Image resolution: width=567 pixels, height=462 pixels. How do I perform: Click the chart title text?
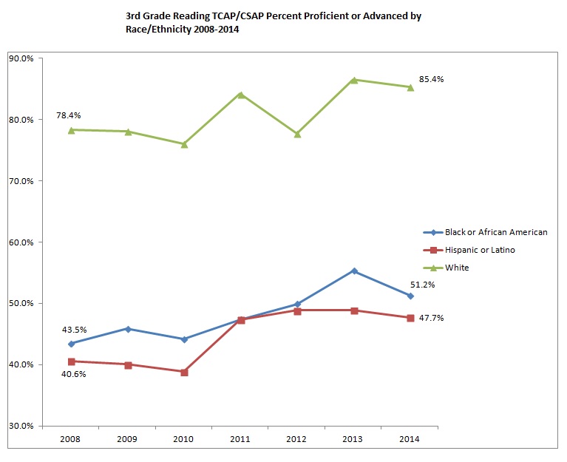click(x=274, y=21)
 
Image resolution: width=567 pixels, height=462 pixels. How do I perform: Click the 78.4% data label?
click(x=68, y=116)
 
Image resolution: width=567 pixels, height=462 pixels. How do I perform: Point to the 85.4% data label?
click(x=431, y=79)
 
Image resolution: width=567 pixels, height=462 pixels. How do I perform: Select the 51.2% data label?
click(x=431, y=285)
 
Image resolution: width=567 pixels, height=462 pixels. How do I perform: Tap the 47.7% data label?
click(x=431, y=318)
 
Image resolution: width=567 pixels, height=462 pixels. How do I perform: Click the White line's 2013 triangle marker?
click(x=354, y=80)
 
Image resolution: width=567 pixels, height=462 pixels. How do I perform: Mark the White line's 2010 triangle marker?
click(x=184, y=144)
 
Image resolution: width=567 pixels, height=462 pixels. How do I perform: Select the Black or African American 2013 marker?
click(x=354, y=271)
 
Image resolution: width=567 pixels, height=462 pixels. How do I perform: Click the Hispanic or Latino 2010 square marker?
click(x=184, y=372)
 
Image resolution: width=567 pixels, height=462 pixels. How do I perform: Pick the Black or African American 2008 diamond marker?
click(x=71, y=344)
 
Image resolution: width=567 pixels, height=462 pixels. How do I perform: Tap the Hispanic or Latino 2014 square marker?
click(x=410, y=318)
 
